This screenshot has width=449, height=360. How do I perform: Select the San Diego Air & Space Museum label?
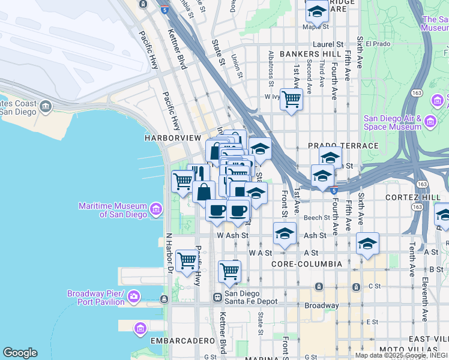pos(393,122)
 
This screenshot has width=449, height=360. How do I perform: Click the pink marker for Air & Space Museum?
pos(430,122)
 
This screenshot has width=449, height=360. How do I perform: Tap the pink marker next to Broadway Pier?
pos(133,296)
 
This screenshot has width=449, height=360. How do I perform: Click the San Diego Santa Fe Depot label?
pos(252,298)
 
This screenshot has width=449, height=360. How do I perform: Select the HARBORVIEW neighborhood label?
pos(173,138)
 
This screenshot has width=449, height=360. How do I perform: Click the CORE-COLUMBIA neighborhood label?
pos(306,264)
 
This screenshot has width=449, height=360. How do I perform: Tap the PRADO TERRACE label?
pos(343,146)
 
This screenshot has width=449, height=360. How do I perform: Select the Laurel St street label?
pos(328,44)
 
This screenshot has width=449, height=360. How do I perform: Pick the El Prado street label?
pos(378,44)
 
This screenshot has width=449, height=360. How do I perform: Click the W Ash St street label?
pos(232,236)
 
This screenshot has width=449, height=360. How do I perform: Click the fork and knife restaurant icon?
pos(199,173)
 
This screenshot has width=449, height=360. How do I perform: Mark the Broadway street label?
pos(322,305)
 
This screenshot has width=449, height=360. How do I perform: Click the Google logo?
pos(20,353)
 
